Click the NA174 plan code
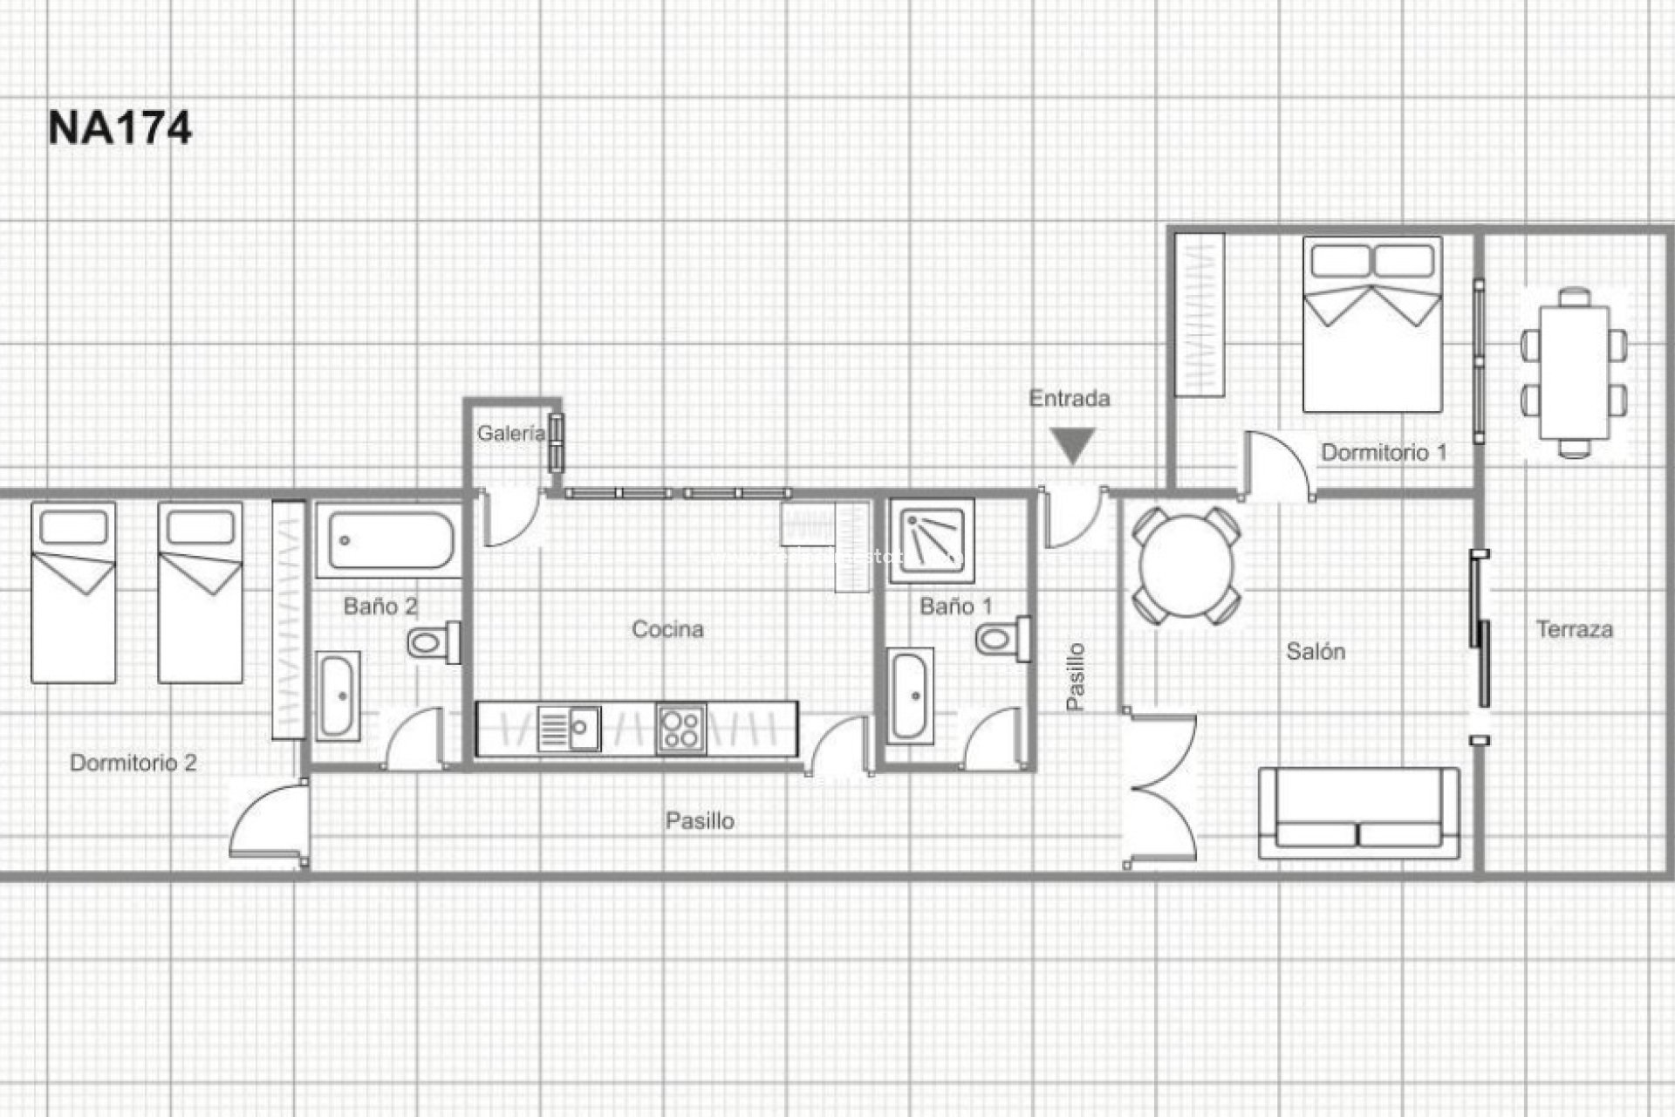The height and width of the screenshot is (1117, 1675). [120, 128]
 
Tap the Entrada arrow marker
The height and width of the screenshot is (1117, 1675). [1072, 446]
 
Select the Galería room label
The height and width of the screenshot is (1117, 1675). [510, 433]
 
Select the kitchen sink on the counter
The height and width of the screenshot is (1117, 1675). [568, 729]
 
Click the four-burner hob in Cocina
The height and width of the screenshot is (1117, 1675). [681, 729]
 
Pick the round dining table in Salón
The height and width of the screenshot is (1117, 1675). [1186, 565]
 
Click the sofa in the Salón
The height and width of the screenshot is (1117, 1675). [1358, 813]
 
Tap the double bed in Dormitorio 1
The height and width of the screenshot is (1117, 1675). [1372, 325]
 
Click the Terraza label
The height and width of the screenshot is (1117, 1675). [1574, 629]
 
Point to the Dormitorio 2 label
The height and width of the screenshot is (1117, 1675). [133, 763]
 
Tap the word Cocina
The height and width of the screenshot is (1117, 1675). [667, 629]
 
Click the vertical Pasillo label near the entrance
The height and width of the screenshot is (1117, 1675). [1077, 677]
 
